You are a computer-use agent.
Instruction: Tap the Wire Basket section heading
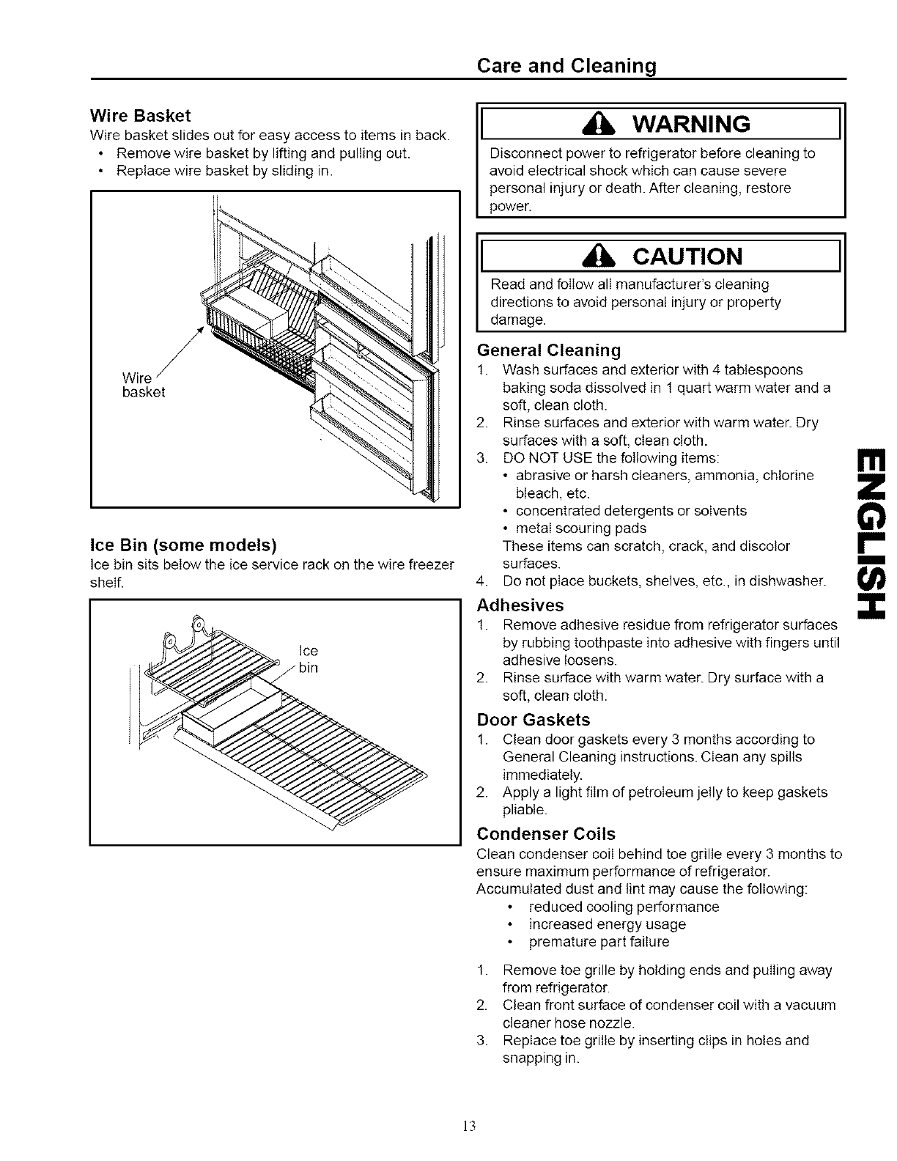[x=139, y=116]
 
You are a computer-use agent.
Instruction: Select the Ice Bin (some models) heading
[x=182, y=545]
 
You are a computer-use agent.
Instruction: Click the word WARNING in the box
[x=689, y=124]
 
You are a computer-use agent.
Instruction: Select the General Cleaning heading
[x=548, y=349]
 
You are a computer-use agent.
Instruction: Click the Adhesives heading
[x=520, y=605]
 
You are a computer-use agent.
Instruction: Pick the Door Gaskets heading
[x=533, y=720]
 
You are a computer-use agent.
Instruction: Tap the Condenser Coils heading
[x=545, y=834]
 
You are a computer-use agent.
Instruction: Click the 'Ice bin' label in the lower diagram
[x=309, y=659]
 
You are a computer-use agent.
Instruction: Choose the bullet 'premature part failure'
[x=599, y=942]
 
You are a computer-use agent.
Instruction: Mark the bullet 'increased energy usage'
[x=607, y=924]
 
